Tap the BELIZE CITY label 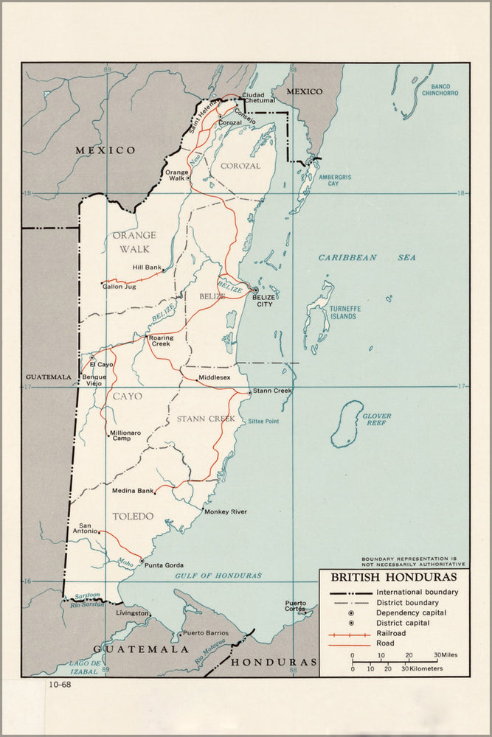point(264,300)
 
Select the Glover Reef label point(376,420)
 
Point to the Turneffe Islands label point(343,312)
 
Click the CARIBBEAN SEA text point(367,258)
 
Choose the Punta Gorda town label point(163,565)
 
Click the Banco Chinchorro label point(440,89)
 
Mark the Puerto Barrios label point(205,633)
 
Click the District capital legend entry point(403,623)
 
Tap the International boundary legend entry point(417,592)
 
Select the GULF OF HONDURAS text point(218,575)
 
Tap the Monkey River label point(226,511)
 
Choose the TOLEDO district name point(134,516)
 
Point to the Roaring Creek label point(161,340)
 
